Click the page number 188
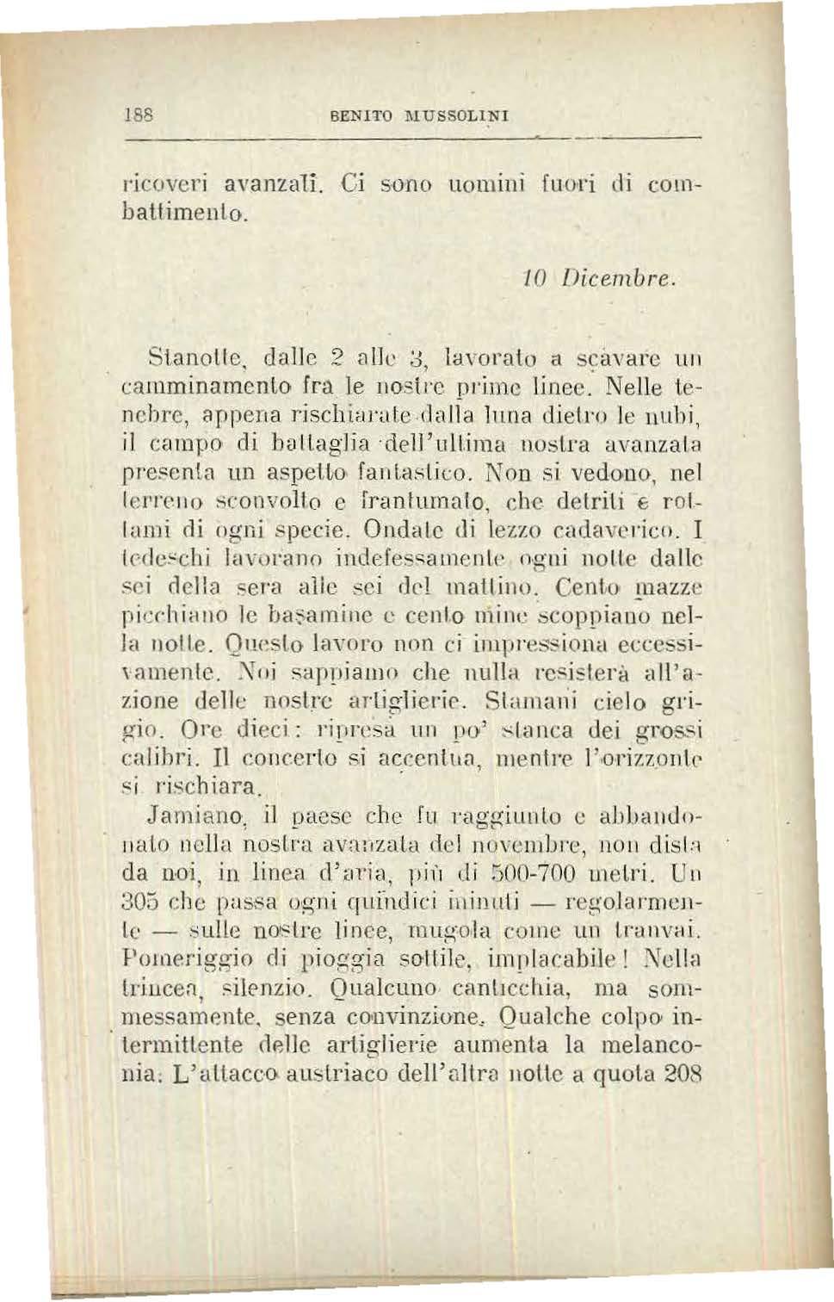click(x=133, y=113)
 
